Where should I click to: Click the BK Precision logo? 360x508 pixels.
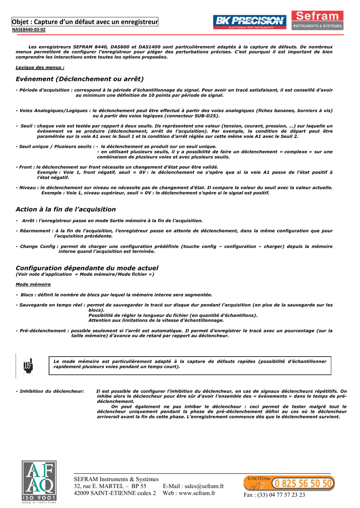[x=249, y=21]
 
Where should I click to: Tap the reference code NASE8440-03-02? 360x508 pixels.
[x=29, y=30]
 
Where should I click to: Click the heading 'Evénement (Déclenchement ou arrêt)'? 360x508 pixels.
[x=79, y=79]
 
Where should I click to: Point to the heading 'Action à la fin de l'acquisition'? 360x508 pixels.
[x=66, y=209]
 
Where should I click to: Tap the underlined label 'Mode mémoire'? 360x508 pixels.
[x=33, y=284]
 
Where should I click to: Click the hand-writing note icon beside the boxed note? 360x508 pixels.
[x=27, y=366]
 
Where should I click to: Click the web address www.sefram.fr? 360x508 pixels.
[x=196, y=493]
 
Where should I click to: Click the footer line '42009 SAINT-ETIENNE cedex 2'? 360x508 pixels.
[x=115, y=493]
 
